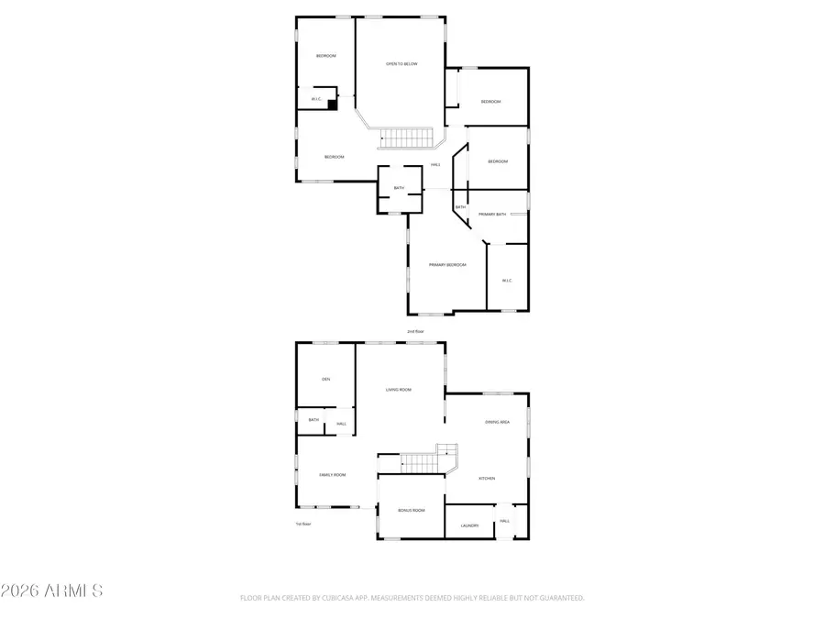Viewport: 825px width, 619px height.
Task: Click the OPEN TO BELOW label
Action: point(401,64)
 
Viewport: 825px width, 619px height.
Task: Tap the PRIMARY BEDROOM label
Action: point(447,265)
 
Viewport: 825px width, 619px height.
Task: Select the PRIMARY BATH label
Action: point(492,214)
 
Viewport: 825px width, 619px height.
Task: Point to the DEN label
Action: point(325,379)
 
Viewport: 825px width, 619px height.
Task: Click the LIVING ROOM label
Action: point(399,390)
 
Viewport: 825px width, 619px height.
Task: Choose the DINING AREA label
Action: point(497,422)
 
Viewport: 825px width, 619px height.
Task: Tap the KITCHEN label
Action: point(487,479)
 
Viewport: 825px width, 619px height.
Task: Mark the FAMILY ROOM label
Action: point(332,474)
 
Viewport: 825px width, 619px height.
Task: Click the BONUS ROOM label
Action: point(412,510)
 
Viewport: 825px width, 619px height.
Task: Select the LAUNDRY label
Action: point(470,525)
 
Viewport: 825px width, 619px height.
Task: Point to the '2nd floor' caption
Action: point(415,331)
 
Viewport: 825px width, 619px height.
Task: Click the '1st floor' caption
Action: point(303,524)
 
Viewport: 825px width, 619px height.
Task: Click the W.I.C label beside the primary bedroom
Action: point(507,280)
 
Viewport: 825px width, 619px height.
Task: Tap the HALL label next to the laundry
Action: point(504,522)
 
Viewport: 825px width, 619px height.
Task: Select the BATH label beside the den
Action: point(313,420)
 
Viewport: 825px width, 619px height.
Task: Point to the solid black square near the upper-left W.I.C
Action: point(333,105)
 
